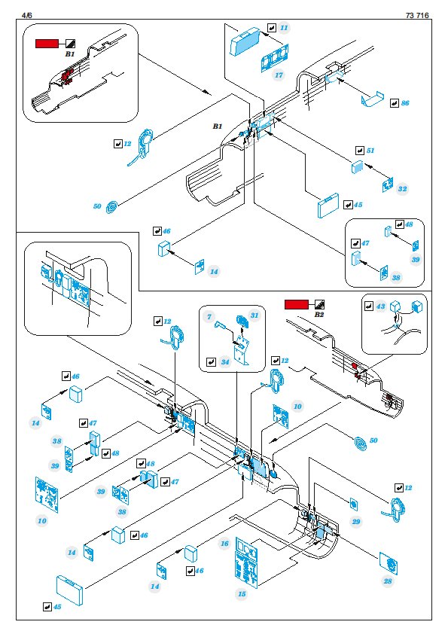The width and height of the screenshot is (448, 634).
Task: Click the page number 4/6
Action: [26, 15]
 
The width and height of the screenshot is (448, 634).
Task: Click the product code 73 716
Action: [417, 15]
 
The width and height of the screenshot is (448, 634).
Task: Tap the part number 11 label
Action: [284, 28]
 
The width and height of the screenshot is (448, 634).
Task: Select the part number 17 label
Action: [279, 75]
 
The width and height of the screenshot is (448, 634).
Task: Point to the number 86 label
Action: [405, 103]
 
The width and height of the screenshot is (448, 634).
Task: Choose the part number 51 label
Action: [370, 151]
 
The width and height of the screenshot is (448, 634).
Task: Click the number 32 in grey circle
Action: [402, 189]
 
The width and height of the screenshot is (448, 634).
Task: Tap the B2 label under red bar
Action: [319, 314]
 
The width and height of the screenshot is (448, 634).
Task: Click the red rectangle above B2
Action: [297, 304]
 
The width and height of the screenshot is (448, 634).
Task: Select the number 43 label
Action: [380, 306]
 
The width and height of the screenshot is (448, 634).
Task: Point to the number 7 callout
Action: [209, 316]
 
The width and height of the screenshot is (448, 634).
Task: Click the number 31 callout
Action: [254, 315]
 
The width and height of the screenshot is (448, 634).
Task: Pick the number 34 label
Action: [225, 362]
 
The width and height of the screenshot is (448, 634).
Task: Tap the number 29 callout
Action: [356, 522]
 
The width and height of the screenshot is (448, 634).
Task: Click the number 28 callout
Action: [388, 581]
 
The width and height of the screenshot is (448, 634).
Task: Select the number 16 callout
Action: [225, 544]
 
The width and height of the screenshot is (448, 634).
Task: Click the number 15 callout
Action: [242, 594]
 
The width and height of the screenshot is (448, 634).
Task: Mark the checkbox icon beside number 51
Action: [359, 151]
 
